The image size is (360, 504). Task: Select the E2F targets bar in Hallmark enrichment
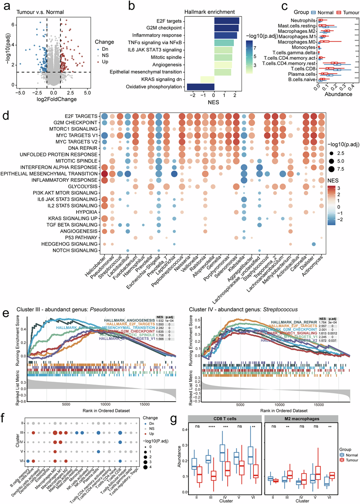[x=226, y=20]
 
